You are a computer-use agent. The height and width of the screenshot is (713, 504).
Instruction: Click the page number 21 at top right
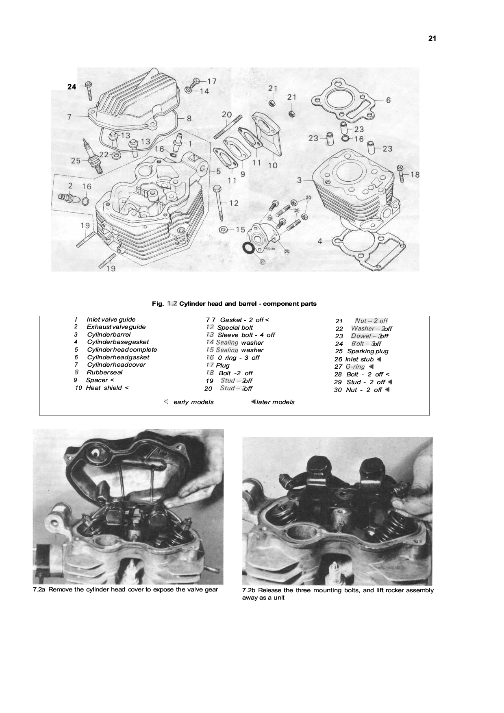coord(432,39)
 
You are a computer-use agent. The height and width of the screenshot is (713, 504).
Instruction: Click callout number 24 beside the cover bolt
coord(72,87)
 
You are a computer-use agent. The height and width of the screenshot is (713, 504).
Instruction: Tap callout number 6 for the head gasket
coord(388,100)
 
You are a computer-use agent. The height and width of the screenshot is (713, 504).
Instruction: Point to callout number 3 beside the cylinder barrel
coord(300,180)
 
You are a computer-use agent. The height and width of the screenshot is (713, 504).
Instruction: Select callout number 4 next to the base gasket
coord(320,241)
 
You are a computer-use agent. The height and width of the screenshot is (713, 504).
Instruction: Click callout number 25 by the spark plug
coord(76,161)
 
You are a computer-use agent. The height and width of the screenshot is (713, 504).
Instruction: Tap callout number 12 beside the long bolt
coord(234,203)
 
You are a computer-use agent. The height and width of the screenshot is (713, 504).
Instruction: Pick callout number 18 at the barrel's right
coord(415,175)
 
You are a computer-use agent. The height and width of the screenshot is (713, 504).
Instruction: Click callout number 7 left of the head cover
coord(70,117)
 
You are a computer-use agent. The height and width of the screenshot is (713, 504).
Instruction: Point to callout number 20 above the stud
coord(227,115)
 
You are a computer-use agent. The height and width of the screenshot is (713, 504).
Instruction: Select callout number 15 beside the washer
coord(240,230)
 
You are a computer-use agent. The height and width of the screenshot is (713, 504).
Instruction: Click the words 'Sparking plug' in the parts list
coord(368,351)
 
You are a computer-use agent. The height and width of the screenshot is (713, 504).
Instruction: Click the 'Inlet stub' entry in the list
coord(359,359)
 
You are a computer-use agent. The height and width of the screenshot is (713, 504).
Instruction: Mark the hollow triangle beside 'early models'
coord(166,402)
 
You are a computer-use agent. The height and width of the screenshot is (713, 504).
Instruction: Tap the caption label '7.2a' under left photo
coord(39,589)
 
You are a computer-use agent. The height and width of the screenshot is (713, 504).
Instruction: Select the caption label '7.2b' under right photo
coord(248,590)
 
